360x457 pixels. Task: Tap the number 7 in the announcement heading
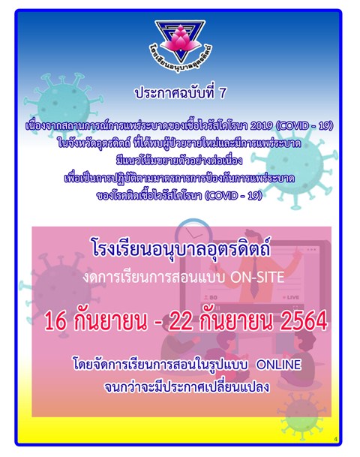point(222,93)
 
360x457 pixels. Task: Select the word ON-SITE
point(257,277)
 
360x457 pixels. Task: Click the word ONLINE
point(278,364)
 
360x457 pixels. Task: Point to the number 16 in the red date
point(55,321)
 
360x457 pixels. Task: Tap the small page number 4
point(336,439)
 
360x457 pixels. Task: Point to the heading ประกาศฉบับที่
point(175,93)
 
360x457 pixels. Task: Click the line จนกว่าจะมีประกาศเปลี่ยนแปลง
point(187,386)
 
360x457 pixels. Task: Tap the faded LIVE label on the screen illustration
point(291,297)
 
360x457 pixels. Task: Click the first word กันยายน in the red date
point(110,321)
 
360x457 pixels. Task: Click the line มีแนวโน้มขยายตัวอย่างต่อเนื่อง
point(179,161)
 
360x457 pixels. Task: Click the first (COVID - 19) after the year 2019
point(304,126)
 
